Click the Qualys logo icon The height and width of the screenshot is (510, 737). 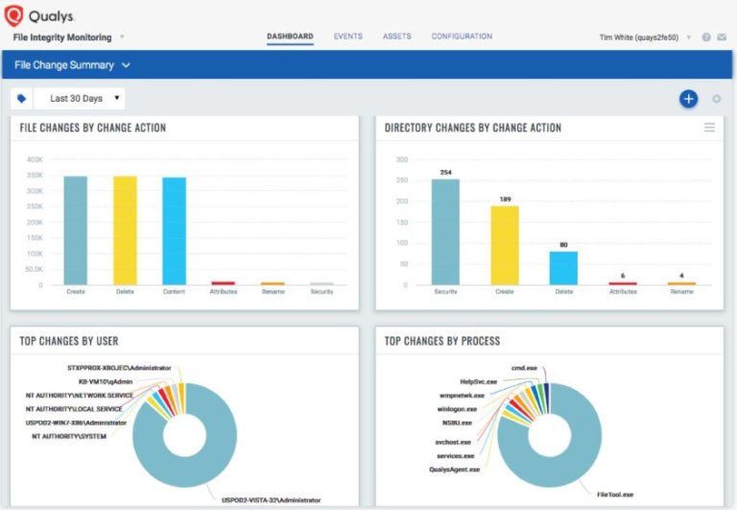[14, 16]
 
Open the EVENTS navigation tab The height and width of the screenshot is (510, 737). [347, 36]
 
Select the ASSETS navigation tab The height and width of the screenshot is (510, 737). [396, 36]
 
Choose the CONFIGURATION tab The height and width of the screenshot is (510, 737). [462, 36]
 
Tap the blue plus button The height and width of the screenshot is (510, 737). [688, 99]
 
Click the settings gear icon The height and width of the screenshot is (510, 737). [716, 99]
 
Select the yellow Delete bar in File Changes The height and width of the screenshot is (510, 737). [125, 231]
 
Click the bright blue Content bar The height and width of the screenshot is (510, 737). [174, 231]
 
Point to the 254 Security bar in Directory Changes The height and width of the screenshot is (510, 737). [445, 231]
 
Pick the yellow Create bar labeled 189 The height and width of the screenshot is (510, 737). [505, 245]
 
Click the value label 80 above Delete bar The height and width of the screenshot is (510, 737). [563, 244]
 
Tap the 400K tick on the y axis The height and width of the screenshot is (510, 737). [35, 159]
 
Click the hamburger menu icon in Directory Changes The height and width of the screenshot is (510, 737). [709, 128]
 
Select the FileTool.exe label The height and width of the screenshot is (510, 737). [614, 495]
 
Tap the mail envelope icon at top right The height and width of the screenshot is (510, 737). [721, 37]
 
